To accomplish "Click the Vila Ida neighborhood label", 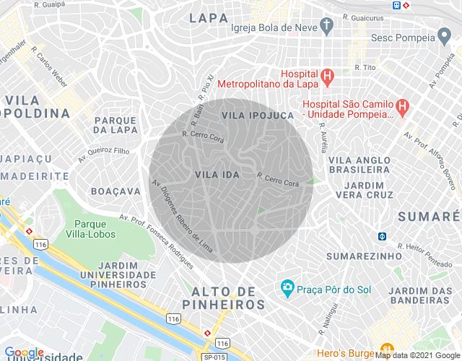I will (212, 175).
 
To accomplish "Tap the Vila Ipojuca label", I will (258, 116).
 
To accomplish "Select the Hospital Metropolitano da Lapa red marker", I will (327, 75).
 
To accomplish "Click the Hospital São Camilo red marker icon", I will (403, 107).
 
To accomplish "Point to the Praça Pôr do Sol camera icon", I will (288, 289).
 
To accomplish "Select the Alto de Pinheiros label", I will (229, 298).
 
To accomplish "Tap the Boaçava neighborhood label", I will (115, 191).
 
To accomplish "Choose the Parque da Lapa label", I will (115, 125).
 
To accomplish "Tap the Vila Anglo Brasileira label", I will (359, 164).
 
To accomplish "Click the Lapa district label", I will (209, 17).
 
